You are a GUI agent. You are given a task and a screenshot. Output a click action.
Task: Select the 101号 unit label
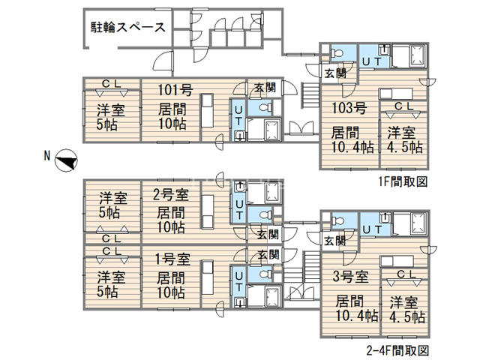click(x=175, y=91)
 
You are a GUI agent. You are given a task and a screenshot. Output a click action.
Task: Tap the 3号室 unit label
click(x=349, y=277)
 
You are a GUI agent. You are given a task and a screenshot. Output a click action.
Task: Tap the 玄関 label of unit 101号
click(x=262, y=88)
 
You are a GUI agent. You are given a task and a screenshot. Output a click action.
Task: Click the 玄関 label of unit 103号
click(x=334, y=73)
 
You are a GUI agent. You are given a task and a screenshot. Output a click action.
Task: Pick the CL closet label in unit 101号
click(x=109, y=83)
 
